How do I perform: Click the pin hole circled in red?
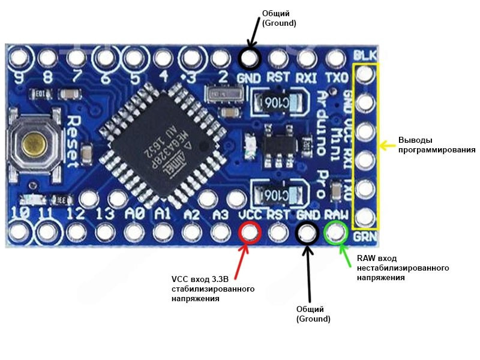click(x=250, y=232)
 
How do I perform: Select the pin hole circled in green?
click(x=336, y=232)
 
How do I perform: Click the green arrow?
click(x=344, y=252)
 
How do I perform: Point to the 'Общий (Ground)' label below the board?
click(x=313, y=314)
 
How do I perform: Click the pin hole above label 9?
click(x=18, y=58)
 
